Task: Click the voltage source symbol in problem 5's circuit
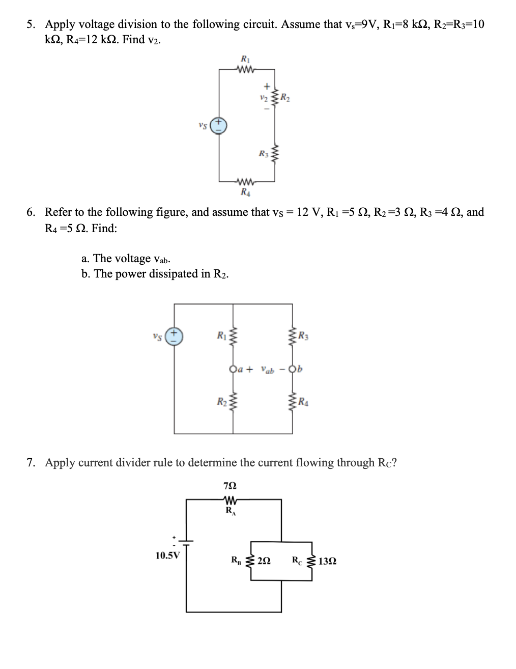tap(219, 125)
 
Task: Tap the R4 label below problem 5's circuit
tap(245, 192)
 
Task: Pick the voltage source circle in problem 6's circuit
tap(175, 336)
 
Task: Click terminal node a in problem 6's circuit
tap(234, 369)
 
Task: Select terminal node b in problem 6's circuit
tap(292, 369)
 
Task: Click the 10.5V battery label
tap(167, 555)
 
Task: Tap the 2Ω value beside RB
tap(264, 561)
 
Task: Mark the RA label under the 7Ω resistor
tap(230, 511)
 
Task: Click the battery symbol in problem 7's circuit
tap(186, 542)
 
